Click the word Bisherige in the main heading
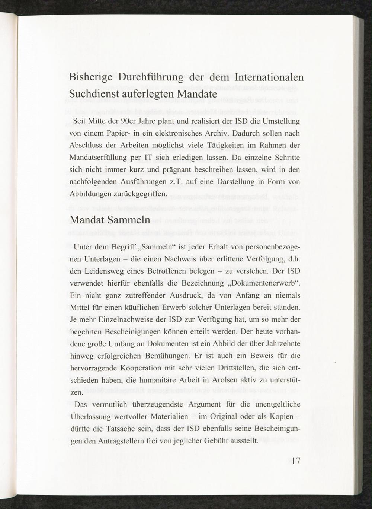92,78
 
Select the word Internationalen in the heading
269,78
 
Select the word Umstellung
282,121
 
